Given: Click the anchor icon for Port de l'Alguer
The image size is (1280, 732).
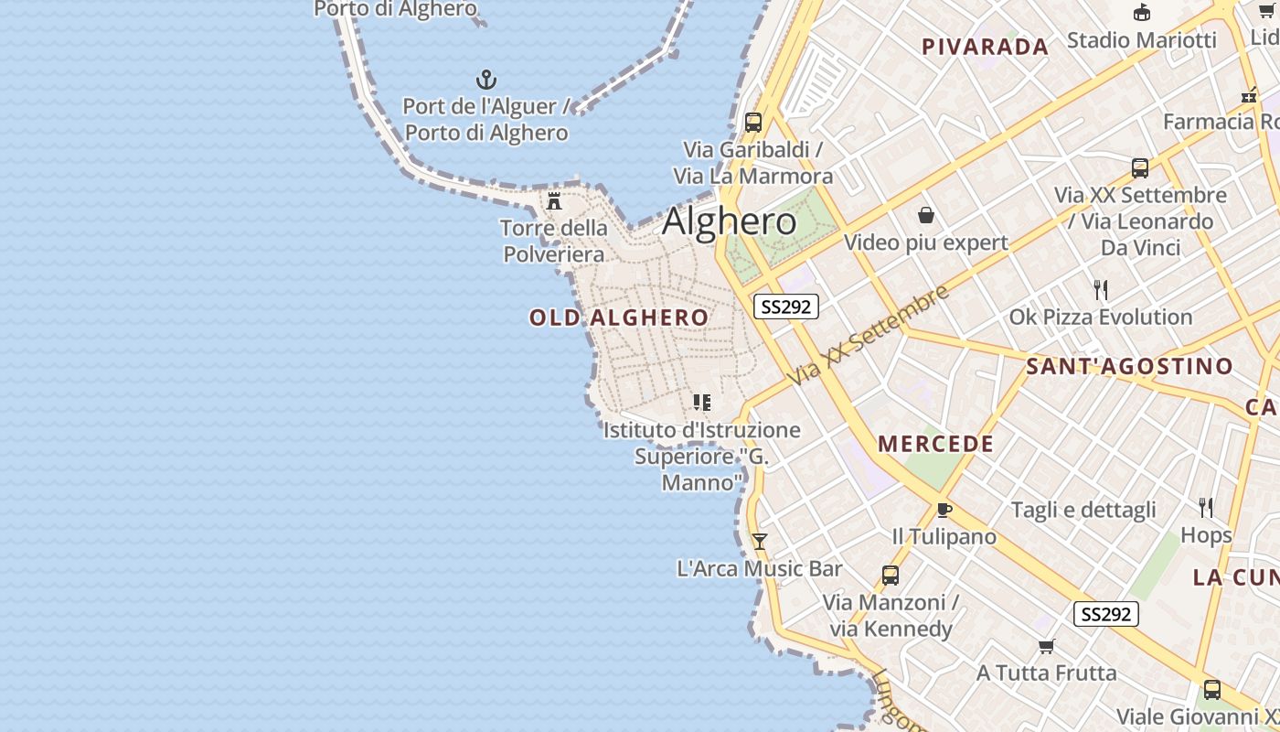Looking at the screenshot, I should [486, 80].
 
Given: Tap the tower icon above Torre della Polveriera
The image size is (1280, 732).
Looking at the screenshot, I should [554, 200].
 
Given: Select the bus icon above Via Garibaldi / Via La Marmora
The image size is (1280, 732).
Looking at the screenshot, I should [753, 122].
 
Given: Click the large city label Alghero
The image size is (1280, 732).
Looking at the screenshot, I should [729, 222].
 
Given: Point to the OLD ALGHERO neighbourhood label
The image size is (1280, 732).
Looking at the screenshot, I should [619, 318].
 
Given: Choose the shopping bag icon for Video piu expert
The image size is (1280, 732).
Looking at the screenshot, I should [926, 215].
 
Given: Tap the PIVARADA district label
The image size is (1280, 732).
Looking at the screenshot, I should [985, 47].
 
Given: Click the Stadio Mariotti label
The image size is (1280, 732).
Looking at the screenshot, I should [1141, 39].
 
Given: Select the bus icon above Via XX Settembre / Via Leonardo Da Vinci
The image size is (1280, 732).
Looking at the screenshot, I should [1140, 167].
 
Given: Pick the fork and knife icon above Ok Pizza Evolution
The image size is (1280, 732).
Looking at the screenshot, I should [1101, 290].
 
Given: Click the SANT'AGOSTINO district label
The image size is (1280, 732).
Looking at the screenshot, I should [1129, 367].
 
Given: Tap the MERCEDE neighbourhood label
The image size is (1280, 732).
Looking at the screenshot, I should [935, 444].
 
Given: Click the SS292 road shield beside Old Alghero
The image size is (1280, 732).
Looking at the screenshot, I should [785, 307].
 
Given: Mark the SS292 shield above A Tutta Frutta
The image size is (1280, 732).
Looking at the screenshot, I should [1105, 614].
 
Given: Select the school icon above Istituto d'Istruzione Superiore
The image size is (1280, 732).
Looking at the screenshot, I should [701, 403].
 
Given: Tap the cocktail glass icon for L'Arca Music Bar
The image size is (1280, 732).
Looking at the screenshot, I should [759, 542].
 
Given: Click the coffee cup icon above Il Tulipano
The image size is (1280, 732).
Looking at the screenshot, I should [944, 510].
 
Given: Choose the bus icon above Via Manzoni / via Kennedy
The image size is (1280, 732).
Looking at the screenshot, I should [891, 576].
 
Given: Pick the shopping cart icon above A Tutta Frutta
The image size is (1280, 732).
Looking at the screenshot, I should [1047, 647].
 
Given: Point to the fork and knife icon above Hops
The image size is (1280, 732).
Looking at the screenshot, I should [1206, 508].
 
